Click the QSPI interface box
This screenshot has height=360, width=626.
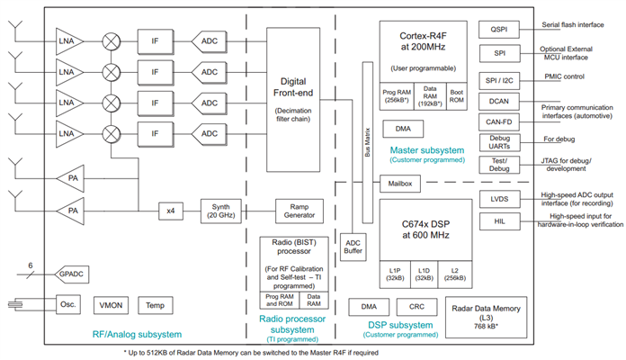click(499, 29)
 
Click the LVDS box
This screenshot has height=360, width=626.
click(499, 198)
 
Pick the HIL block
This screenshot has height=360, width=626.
click(499, 221)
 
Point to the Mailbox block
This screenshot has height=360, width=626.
click(399, 184)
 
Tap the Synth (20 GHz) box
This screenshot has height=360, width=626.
click(221, 211)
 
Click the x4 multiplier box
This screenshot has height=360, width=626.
click(170, 211)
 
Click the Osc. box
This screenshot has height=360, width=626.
click(69, 305)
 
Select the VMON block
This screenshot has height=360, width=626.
click(113, 306)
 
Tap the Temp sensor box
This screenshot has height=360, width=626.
click(155, 306)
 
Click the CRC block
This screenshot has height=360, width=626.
click(416, 307)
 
